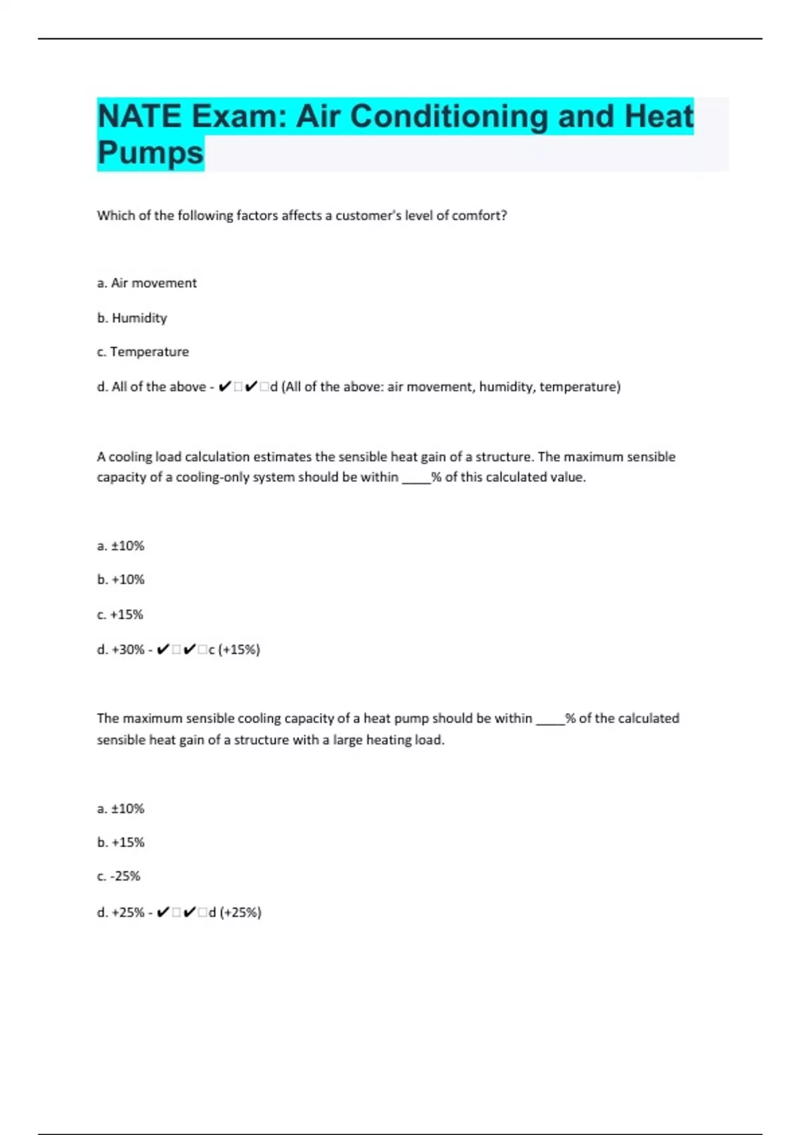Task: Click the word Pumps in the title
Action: pyautogui.click(x=150, y=153)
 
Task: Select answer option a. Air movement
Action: pyautogui.click(x=147, y=283)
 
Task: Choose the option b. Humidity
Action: pyautogui.click(x=132, y=318)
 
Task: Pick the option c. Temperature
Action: pyautogui.click(x=143, y=352)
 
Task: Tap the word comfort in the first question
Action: pyautogui.click(x=479, y=216)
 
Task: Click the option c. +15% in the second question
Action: pyautogui.click(x=120, y=614)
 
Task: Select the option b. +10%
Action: pyautogui.click(x=121, y=580)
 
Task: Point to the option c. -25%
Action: pyautogui.click(x=119, y=876)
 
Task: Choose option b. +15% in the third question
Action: pyautogui.click(x=121, y=843)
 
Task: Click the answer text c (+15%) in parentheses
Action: pyautogui.click(x=234, y=650)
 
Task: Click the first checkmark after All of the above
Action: pyautogui.click(x=225, y=387)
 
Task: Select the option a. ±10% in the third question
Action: pyautogui.click(x=121, y=809)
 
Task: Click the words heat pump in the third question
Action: pyautogui.click(x=396, y=718)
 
